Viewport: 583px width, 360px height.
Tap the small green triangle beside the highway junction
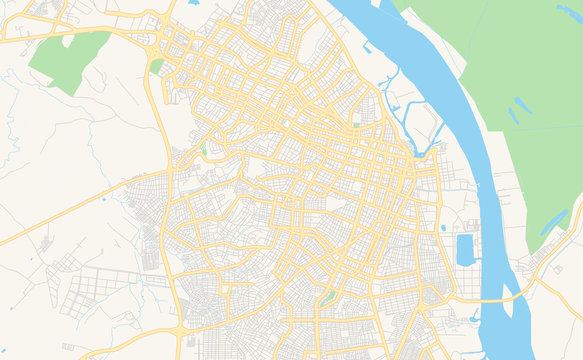[x=156, y=66]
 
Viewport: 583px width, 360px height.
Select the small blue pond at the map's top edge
[x=192, y=3]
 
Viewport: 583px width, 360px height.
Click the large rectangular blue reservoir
[x=465, y=249]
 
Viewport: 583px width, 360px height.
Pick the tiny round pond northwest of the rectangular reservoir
[x=443, y=228]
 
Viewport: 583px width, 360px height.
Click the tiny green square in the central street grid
[x=355, y=125]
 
